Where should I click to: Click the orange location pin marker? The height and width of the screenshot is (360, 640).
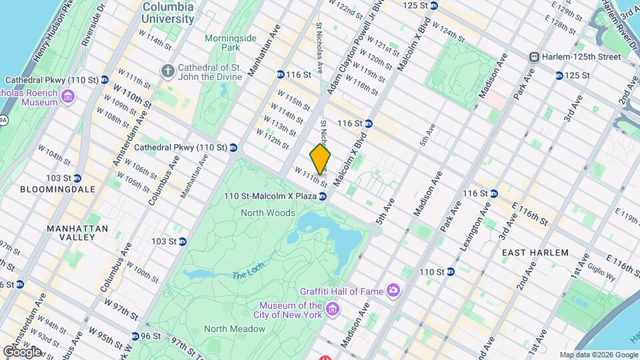pos(321,159)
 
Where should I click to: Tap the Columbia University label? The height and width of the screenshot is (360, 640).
pos(168,13)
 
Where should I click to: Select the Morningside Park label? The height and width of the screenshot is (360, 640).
pos(230,43)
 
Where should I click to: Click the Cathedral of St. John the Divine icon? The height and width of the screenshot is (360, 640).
pos(167,70)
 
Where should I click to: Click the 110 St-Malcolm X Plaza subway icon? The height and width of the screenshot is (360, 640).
pos(323,196)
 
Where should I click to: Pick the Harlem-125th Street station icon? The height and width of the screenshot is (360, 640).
pos(534,57)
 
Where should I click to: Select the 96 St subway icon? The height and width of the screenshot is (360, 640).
pos(135,336)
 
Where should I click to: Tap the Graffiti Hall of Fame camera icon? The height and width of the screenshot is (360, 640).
pos(394,290)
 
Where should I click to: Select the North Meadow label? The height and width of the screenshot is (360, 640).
pos(234,329)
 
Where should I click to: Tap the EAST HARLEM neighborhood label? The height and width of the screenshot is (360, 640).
pos(535,253)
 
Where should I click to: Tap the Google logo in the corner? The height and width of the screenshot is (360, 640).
pos(22,351)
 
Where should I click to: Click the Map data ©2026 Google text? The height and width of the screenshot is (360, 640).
pos(598,355)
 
